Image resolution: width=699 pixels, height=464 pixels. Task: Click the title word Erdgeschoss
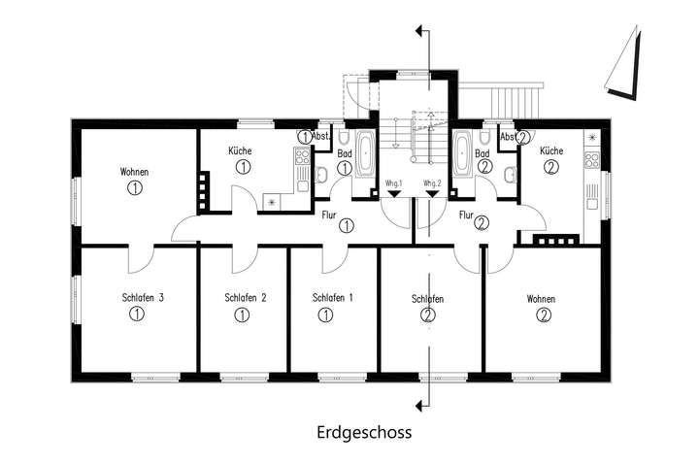pyautogui.click(x=363, y=432)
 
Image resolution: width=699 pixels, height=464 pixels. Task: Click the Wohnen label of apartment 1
pyautogui.click(x=135, y=172)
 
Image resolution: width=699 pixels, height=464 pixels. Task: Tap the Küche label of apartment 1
pyautogui.click(x=242, y=150)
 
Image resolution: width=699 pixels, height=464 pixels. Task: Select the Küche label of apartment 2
pyautogui.click(x=551, y=150)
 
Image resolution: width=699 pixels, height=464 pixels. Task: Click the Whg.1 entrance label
pyautogui.click(x=393, y=182)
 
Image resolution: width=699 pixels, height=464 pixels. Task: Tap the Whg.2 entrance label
pyautogui.click(x=432, y=182)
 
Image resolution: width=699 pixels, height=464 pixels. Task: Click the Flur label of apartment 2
pyautogui.click(x=467, y=215)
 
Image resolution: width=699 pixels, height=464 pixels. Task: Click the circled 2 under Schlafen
pyautogui.click(x=428, y=315)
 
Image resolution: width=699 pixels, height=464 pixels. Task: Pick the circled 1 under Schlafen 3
pyautogui.click(x=137, y=315)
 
